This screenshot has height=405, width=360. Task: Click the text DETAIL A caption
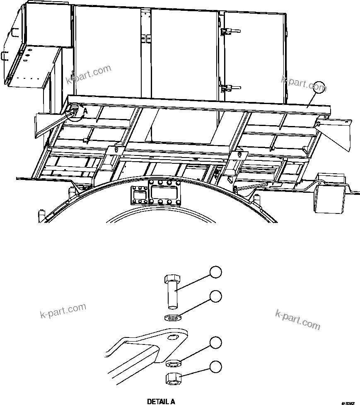161,401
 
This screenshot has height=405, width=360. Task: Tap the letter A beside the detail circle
85,111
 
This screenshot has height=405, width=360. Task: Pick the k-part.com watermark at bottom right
297,319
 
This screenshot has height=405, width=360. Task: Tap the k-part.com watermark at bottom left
63,310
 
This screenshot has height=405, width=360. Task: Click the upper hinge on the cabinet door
227,32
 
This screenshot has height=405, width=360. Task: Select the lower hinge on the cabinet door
227,88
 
